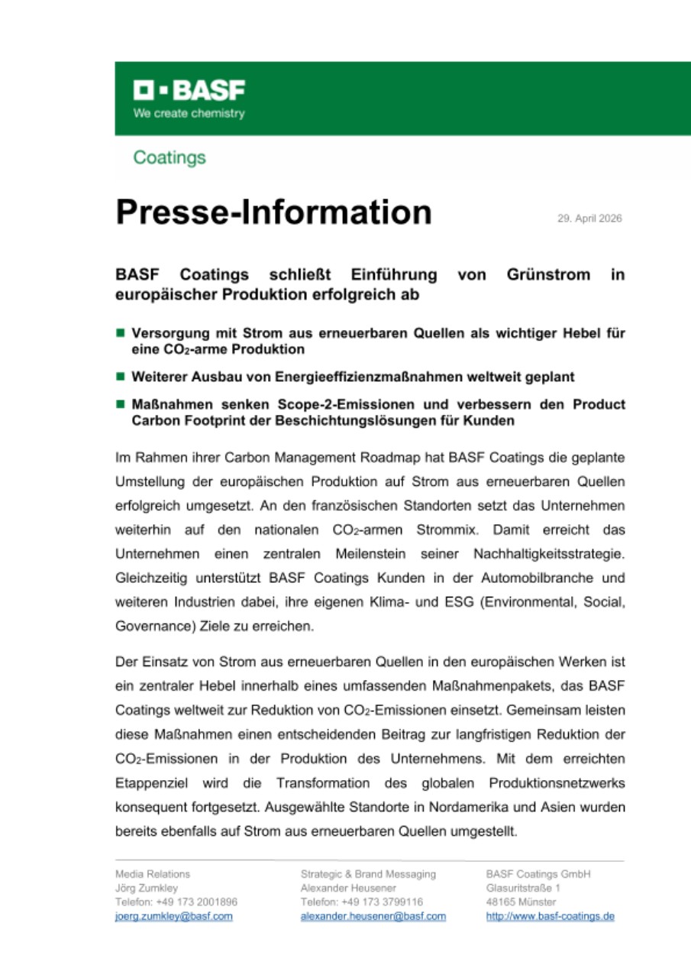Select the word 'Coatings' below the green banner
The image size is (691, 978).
coord(169,157)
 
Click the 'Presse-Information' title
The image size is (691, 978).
coord(273,212)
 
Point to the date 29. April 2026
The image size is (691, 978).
coord(589,219)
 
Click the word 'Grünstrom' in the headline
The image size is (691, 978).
coord(548,274)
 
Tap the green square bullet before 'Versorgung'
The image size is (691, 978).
coord(120,333)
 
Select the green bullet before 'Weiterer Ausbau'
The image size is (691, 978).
coord(120,377)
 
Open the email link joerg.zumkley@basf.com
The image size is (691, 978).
coord(173,916)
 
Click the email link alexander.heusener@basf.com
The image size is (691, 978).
coord(373,916)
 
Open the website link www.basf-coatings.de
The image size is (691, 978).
coord(550,916)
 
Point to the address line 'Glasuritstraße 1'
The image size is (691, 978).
coord(523,888)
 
